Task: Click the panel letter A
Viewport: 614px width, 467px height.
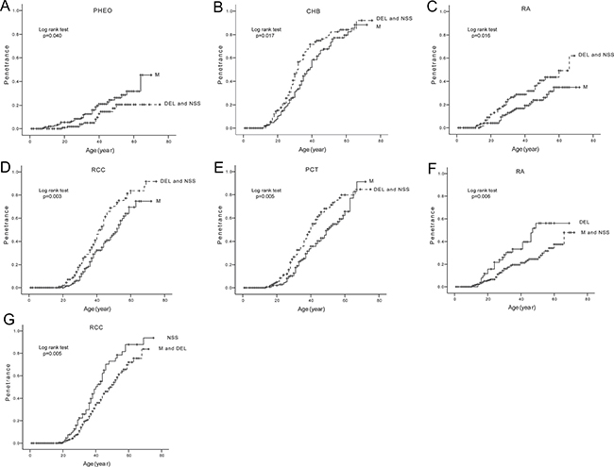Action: (7, 7)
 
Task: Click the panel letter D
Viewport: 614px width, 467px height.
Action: (8, 163)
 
